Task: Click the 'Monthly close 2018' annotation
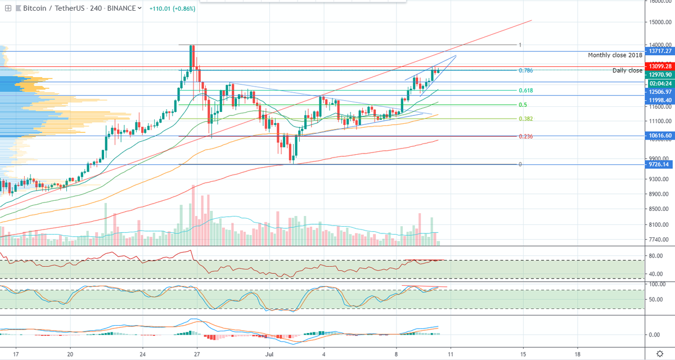[614, 55]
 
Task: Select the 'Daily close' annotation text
[627, 70]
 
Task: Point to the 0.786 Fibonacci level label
[526, 70]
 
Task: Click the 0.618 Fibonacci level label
[526, 90]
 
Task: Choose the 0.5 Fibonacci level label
[523, 105]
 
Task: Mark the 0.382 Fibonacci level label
[526, 119]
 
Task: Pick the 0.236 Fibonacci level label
[526, 136]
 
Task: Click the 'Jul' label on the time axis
[268, 354]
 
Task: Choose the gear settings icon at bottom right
[659, 354]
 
